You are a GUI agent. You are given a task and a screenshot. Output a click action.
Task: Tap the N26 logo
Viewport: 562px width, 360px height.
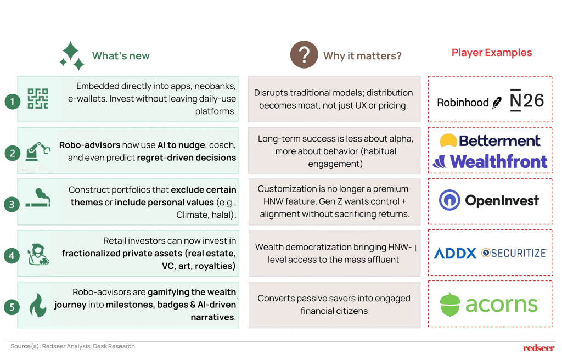[x=527, y=100]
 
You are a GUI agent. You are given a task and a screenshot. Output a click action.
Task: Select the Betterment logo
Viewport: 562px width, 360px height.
[x=490, y=140]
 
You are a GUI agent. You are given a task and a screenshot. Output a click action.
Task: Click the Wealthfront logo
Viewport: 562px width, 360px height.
[x=490, y=161]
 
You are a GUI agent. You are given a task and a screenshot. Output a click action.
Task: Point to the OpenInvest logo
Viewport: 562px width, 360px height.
[x=489, y=200]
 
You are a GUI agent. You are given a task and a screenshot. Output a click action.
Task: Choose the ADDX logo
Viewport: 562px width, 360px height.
[x=455, y=253]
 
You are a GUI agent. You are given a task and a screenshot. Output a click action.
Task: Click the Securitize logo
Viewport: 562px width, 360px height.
[x=514, y=253]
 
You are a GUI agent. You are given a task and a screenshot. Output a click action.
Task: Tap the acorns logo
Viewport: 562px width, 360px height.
[x=489, y=305]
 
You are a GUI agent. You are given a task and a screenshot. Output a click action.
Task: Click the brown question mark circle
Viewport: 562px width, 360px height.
[x=304, y=54]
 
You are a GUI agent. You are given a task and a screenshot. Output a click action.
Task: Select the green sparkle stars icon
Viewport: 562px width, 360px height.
[x=72, y=55]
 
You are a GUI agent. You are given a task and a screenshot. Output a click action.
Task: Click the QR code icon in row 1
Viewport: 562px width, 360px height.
[x=38, y=99]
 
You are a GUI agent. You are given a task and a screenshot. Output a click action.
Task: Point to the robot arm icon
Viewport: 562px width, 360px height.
[x=38, y=151]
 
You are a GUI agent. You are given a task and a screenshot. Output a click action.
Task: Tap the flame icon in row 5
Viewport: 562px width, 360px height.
[x=38, y=305]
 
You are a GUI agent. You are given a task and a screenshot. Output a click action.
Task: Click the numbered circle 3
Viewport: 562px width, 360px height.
[x=12, y=204]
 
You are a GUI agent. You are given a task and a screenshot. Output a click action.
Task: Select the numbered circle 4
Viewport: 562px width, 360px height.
[x=12, y=256]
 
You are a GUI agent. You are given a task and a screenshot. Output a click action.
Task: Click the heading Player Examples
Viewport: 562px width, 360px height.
[x=492, y=53]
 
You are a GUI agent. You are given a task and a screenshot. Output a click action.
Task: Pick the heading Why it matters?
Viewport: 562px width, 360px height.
[x=362, y=56]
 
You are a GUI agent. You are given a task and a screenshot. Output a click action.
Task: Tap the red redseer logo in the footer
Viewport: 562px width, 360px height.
[x=539, y=348]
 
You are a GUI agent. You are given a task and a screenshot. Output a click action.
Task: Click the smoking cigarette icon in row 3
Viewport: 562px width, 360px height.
[x=38, y=198]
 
